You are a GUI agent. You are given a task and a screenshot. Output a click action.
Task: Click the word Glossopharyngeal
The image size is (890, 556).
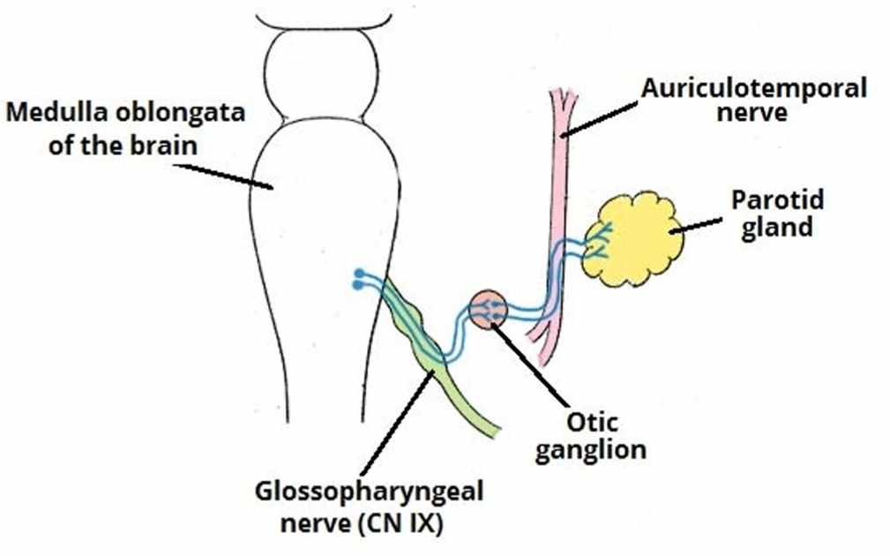[370, 491]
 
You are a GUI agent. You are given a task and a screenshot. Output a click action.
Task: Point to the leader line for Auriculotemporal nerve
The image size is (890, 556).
[600, 116]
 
